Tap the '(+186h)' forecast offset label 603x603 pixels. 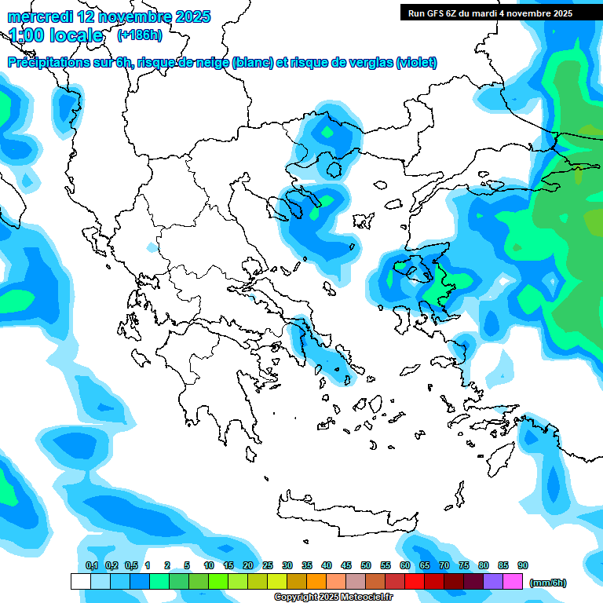pos(139,35)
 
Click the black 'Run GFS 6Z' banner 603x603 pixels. pos(501,13)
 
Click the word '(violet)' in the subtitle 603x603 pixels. pos(416,63)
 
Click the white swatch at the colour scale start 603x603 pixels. pos(80,581)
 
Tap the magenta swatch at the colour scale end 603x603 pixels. pos(513,581)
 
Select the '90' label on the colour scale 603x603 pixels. pos(523,565)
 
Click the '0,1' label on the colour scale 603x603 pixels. pos(91,565)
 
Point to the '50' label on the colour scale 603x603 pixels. pos(366,565)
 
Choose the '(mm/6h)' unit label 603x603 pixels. pos(548,583)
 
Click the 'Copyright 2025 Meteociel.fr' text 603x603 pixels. pos(333,597)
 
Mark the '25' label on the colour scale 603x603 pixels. pos(268,565)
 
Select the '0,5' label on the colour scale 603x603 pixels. pos(130,565)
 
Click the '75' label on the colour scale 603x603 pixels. pos(464,565)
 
